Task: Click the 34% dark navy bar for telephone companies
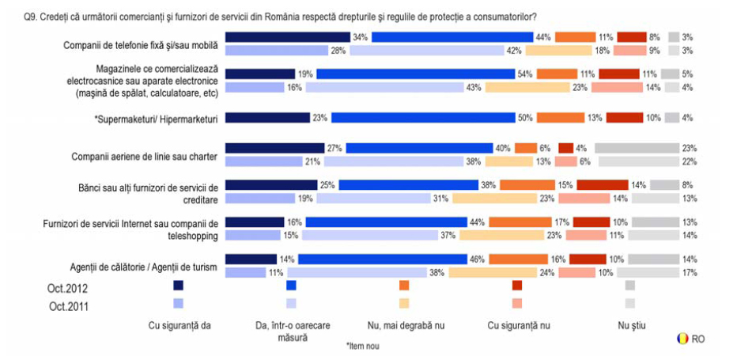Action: (287, 37)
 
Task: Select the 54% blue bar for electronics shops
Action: (415, 74)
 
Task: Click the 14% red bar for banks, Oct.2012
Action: (602, 185)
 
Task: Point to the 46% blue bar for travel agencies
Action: (382, 259)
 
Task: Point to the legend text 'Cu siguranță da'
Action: (179, 324)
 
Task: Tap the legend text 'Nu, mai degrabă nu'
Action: (404, 324)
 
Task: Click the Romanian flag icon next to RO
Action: (682, 339)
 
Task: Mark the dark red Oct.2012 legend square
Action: (517, 285)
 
